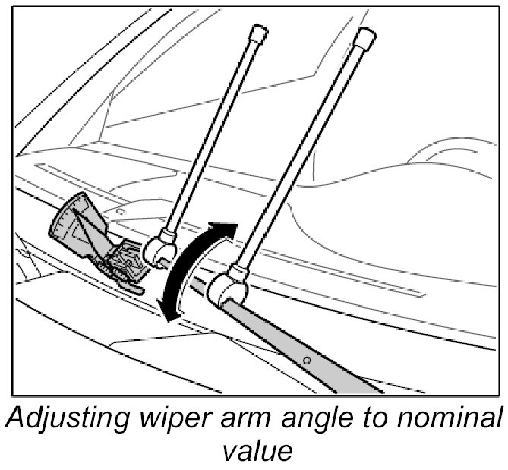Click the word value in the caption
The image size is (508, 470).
coord(254,453)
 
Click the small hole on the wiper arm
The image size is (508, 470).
coord(306,358)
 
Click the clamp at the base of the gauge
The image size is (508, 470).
coord(124,267)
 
